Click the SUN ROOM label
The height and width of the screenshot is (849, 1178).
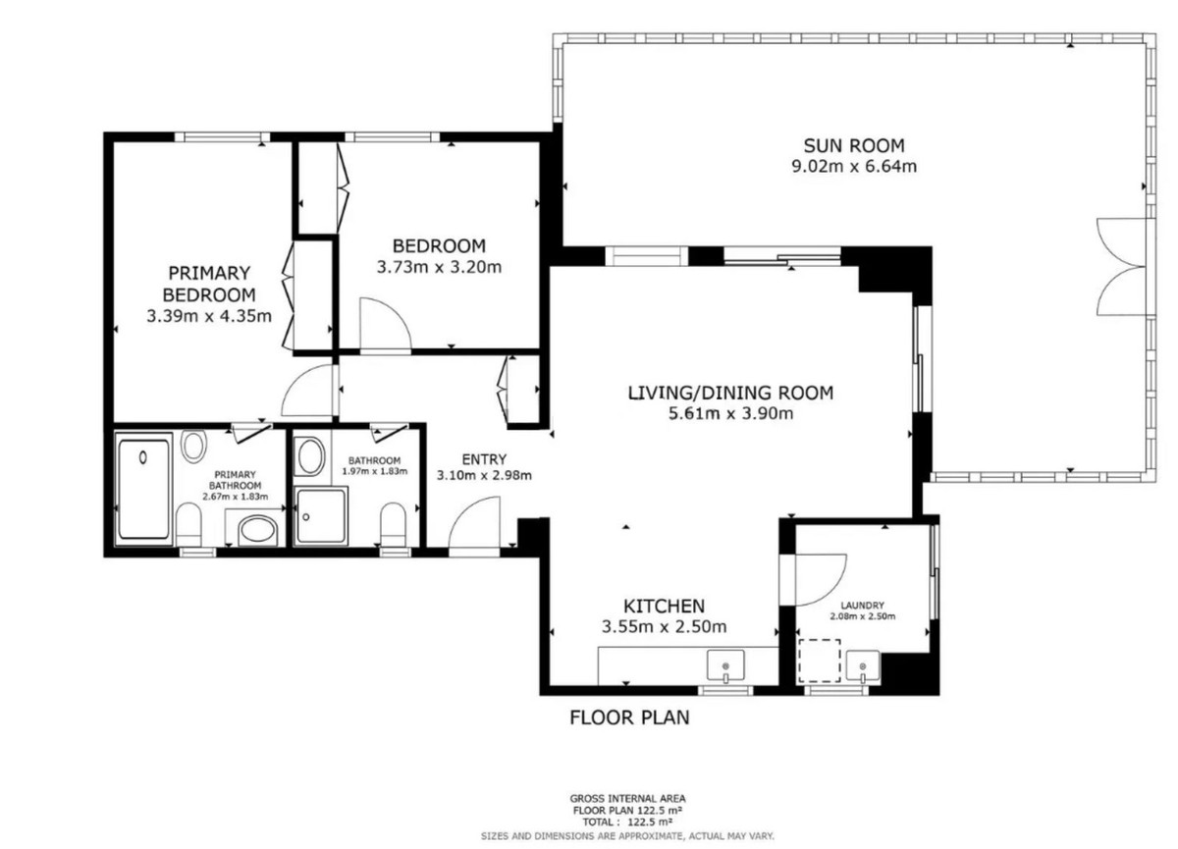point(854,145)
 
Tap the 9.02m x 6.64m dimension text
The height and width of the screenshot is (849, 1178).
point(854,167)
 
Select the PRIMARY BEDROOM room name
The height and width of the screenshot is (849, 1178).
point(208,283)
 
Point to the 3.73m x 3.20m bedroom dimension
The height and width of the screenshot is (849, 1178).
point(439,266)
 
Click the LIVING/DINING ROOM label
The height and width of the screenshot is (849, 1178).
point(729,393)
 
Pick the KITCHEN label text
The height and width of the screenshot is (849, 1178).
point(665,606)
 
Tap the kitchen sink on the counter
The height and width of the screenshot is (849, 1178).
point(725,667)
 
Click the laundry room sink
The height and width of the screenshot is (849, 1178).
point(863,666)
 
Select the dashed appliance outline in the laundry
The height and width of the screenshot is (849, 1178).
point(819,661)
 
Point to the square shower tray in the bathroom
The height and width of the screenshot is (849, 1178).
point(320,516)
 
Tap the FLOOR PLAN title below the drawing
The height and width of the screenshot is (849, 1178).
point(629,717)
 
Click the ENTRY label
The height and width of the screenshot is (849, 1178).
point(483,458)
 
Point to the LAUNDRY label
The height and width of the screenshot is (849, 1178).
point(862,606)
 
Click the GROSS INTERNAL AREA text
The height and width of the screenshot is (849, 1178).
point(628,799)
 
